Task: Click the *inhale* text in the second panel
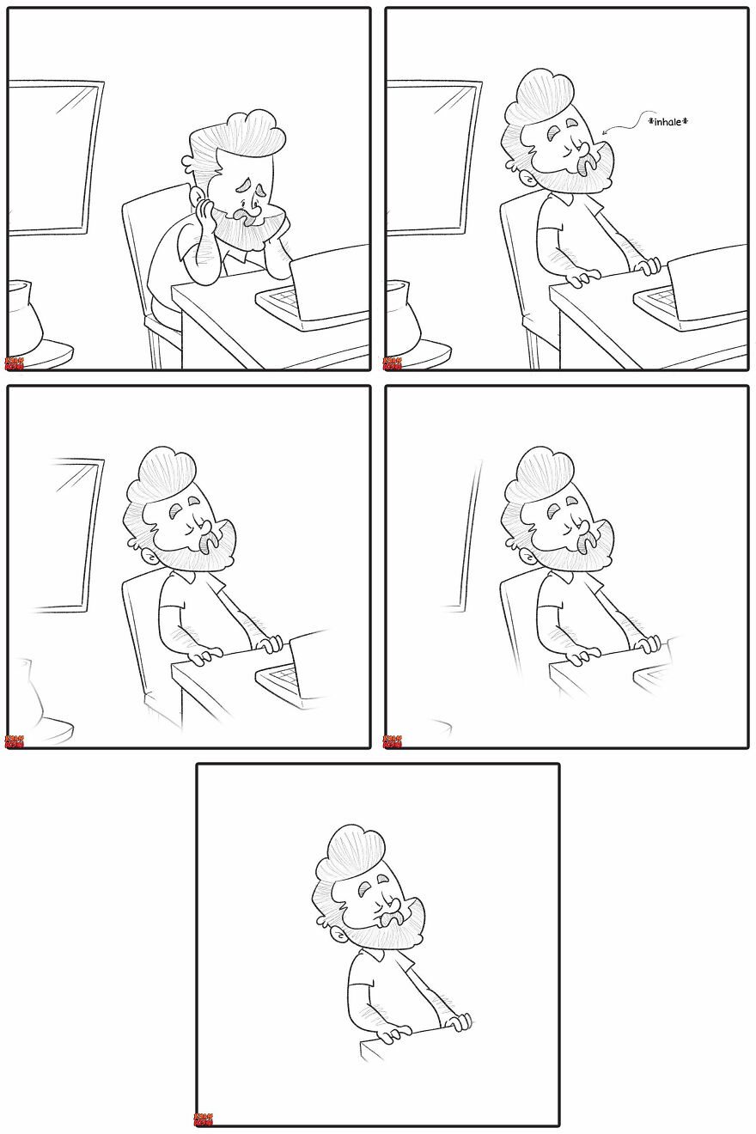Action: (668, 122)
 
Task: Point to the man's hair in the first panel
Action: (241, 134)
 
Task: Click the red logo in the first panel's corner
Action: (14, 364)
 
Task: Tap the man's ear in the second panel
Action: (515, 160)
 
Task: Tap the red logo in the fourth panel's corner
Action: (392, 741)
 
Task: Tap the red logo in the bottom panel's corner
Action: (203, 1119)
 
